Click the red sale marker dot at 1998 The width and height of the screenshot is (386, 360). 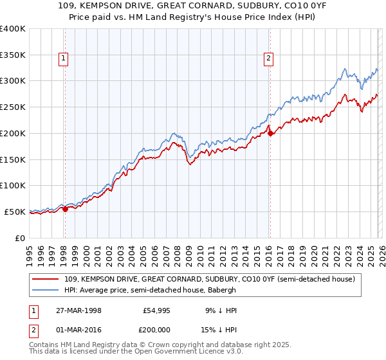65,209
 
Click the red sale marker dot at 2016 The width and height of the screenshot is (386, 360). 270,133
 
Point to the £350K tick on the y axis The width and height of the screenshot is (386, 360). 13,55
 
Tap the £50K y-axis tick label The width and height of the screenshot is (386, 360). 15,212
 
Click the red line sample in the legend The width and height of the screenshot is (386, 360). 46,279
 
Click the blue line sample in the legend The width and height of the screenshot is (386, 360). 46,290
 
